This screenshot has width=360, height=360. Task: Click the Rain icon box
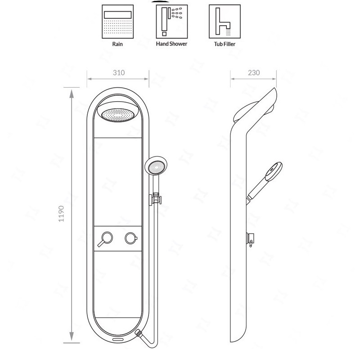[x=117, y=22]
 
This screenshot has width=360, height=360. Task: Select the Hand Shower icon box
[x=172, y=22]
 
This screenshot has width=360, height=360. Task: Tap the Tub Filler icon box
[x=225, y=21]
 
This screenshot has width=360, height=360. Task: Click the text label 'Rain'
[x=117, y=44]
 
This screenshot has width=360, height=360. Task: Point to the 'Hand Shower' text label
[x=171, y=44]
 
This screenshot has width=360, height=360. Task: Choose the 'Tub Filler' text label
[x=225, y=44]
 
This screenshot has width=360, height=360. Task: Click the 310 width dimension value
[x=119, y=73]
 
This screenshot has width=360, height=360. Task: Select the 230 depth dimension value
[x=254, y=73]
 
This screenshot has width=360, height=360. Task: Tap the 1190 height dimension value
[x=61, y=213]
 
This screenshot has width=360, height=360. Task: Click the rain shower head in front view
[x=118, y=112]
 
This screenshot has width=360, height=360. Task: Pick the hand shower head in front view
[x=156, y=166]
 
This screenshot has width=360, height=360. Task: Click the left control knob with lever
[x=106, y=239]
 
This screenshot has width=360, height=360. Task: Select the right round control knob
[x=131, y=238]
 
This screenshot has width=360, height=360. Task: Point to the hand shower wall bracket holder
[x=155, y=199]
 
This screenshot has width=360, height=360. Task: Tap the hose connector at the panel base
[x=139, y=333]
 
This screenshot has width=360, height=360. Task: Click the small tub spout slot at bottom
[x=118, y=339]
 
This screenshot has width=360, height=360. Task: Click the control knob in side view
[x=250, y=239]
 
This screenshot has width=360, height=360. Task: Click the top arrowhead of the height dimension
[x=72, y=94]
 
